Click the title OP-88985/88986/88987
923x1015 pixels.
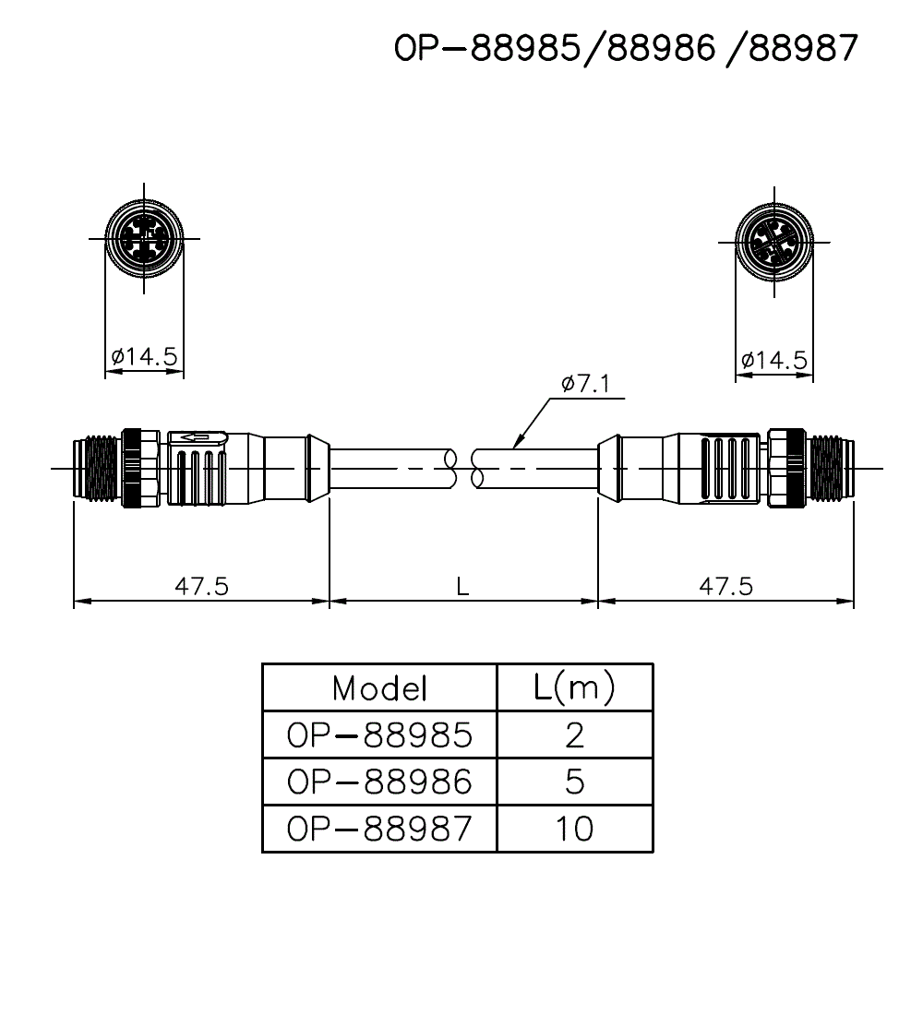(x=627, y=49)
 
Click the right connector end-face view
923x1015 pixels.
(x=773, y=244)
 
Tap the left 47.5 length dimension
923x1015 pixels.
(x=201, y=585)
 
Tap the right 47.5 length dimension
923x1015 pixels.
(x=725, y=585)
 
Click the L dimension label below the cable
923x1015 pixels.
(x=463, y=585)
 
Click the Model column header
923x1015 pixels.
(x=379, y=687)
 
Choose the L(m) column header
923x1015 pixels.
(x=574, y=687)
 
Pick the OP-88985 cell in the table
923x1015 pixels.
(x=379, y=735)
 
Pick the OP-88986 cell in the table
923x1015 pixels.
(x=379, y=782)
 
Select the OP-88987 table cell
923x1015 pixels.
(x=379, y=829)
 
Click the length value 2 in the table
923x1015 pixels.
(x=574, y=735)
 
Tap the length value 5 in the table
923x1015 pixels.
(x=574, y=782)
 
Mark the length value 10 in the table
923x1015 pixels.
(x=574, y=829)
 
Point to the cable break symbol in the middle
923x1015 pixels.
(x=464, y=468)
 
